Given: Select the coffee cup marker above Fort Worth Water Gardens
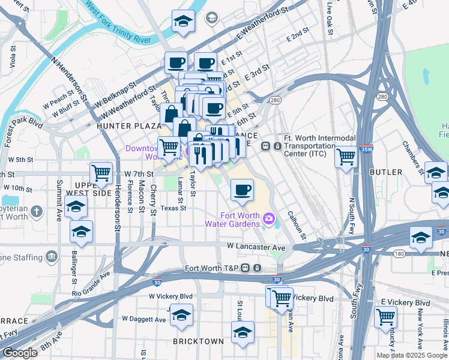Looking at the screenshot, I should click(x=243, y=191).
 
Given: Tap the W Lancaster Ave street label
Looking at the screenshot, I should click(x=255, y=247).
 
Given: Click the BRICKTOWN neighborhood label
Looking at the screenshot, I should click(x=199, y=341).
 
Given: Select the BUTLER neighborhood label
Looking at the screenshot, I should click(x=386, y=172).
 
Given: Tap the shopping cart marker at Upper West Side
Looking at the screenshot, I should click(x=101, y=173).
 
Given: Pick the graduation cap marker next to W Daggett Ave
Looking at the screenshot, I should click(x=181, y=314).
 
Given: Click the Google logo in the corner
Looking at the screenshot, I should click(x=20, y=353).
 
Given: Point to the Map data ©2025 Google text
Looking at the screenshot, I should click(x=412, y=355).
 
